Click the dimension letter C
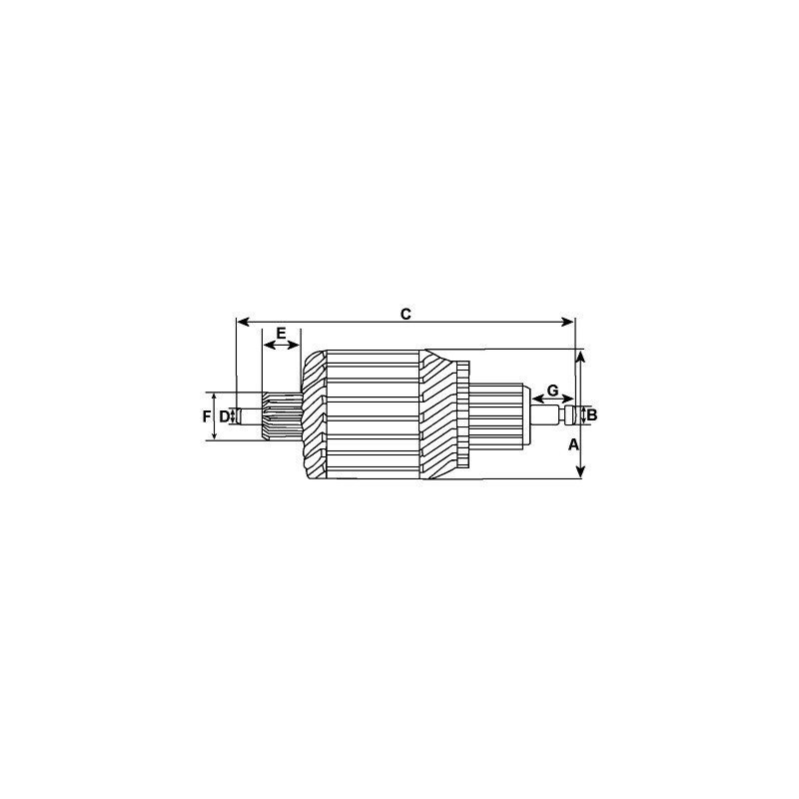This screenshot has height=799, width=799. coord(405,314)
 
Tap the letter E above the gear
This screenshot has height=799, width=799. coord(281,332)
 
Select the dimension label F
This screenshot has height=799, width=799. coord(206,415)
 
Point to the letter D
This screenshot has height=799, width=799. coord(225,415)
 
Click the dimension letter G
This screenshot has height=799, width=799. coord(552,391)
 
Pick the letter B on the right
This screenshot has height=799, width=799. coord(591,414)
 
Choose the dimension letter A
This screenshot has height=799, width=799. coord(573,444)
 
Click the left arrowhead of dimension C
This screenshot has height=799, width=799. coord(241,322)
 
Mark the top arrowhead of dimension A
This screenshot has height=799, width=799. coord(582,355)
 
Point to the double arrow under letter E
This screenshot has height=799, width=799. coord(281,345)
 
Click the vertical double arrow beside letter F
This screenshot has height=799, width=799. coord(215,416)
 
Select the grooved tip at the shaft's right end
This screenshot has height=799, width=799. coord(570,414)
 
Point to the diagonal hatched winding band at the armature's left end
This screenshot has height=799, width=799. coord(314,414)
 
